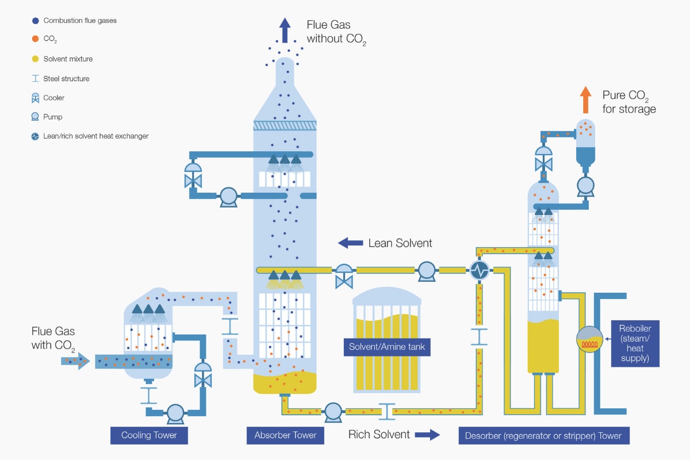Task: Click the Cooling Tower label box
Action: point(149,435)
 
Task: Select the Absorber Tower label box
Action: point(285,435)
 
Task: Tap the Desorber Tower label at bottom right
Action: point(543,435)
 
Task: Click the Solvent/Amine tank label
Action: point(386,347)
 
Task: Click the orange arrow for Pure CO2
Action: point(585,99)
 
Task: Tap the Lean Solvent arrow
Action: point(350,243)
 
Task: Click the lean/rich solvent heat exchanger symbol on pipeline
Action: point(478,270)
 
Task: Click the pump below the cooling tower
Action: point(175,412)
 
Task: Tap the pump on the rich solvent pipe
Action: point(332,411)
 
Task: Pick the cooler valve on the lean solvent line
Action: point(344,275)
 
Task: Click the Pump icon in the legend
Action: point(36,117)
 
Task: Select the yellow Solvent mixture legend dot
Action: point(36,59)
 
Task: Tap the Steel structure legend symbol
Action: point(36,79)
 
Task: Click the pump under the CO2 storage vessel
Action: point(585,185)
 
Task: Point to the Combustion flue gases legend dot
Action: point(36,21)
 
